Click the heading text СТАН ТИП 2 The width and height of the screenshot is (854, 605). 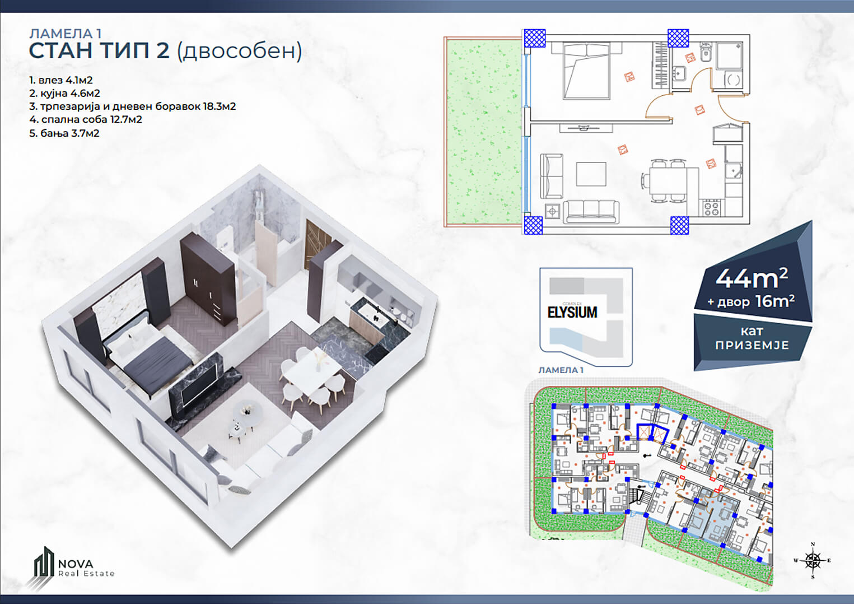(99, 51)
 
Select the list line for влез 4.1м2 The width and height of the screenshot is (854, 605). (61, 80)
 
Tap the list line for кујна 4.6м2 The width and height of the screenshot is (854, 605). (65, 93)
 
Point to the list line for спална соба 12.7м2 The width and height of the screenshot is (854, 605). (86, 119)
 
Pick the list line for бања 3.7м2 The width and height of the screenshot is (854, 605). (64, 133)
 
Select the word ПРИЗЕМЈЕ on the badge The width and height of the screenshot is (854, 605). (752, 345)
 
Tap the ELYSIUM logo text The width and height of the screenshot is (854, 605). (572, 313)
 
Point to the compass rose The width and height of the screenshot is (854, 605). (813, 560)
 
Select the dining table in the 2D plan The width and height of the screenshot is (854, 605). (674, 181)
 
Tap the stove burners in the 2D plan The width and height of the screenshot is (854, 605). (711, 208)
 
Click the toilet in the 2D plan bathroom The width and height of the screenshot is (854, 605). (705, 54)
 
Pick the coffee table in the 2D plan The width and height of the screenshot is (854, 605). (591, 174)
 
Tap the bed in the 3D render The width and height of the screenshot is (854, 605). (147, 355)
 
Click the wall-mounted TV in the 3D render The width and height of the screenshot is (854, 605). (200, 385)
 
